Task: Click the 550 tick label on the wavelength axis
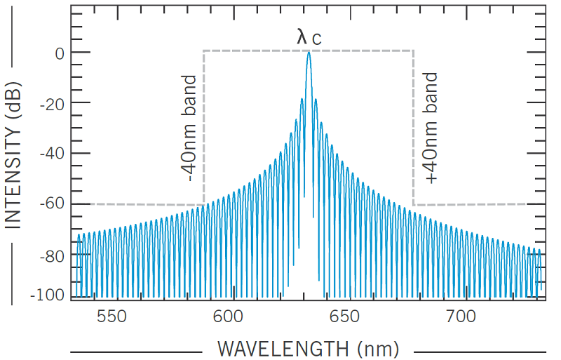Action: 111,317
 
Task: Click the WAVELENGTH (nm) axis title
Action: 308,348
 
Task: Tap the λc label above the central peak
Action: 309,37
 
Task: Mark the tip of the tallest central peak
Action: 309,53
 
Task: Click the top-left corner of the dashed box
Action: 204,51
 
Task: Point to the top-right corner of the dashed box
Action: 413,51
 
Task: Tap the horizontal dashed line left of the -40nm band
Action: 147,204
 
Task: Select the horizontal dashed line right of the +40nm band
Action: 470,204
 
